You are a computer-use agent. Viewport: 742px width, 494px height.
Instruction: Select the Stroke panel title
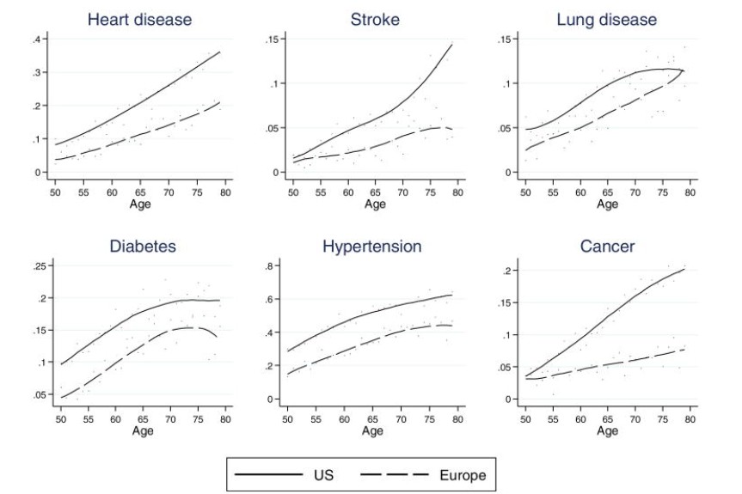[x=375, y=19]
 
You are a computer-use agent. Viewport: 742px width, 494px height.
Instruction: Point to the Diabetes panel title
[x=143, y=247]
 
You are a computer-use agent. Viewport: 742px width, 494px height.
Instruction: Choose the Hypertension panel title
[x=372, y=247]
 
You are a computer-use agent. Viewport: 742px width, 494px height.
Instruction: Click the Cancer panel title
[x=607, y=247]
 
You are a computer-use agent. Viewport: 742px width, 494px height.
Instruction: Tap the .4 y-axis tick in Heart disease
[x=37, y=39]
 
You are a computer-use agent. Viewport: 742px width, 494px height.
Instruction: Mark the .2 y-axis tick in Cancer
[x=507, y=271]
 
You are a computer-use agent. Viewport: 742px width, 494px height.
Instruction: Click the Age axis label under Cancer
[x=607, y=430]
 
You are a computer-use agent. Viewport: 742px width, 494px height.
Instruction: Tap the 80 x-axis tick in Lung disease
[x=690, y=190]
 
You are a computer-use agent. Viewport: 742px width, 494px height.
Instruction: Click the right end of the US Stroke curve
[x=452, y=45]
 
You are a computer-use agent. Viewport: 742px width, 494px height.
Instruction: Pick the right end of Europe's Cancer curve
[x=684, y=349]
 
